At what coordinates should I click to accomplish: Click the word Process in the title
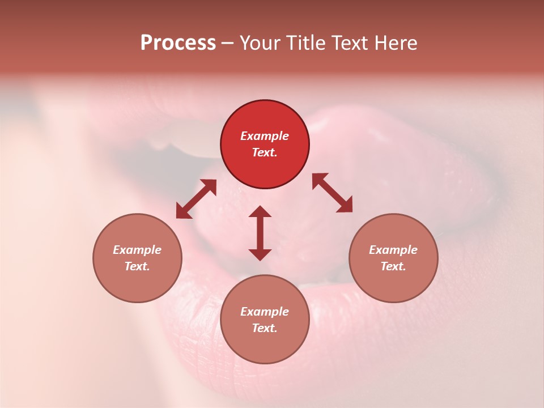[x=178, y=43]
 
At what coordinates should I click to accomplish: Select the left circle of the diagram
[x=137, y=258]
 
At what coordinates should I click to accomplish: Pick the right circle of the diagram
[x=393, y=258]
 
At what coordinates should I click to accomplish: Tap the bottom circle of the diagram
[x=265, y=319]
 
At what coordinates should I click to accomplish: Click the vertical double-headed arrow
[x=260, y=233]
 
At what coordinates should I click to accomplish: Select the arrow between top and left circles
[x=196, y=199]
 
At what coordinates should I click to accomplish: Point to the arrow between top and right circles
[x=332, y=193]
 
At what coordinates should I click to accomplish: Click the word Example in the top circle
[x=265, y=136]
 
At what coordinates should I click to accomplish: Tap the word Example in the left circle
[x=137, y=250]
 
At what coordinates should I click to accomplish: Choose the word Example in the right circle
[x=393, y=250]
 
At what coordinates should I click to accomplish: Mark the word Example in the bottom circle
[x=265, y=312]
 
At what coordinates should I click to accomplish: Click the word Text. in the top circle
[x=265, y=152]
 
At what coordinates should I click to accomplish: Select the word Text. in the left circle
[x=137, y=266]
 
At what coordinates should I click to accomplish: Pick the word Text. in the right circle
[x=393, y=266]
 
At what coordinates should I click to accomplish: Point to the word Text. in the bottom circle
[x=265, y=328]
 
